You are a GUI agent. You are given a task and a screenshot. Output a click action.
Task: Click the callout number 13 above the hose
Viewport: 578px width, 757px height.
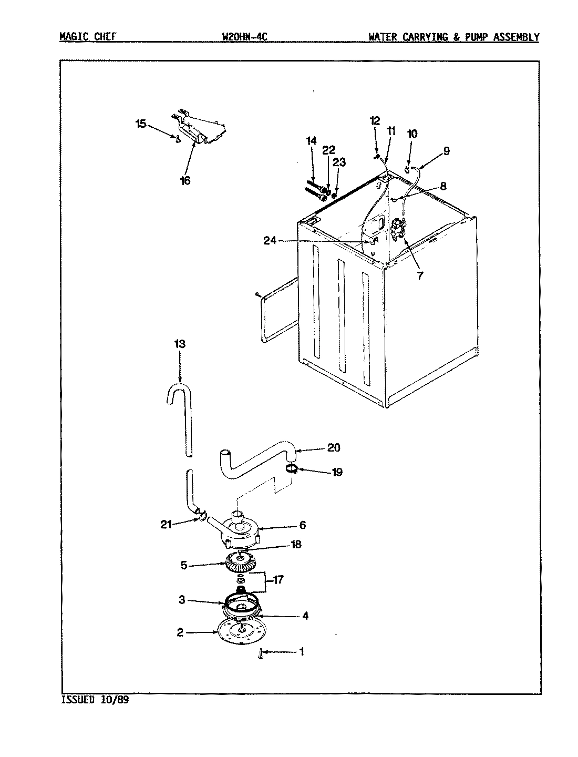point(180,344)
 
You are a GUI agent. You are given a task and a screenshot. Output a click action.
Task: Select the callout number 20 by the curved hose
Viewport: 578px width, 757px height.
point(334,448)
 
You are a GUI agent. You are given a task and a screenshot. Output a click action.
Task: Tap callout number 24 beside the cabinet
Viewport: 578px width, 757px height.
point(270,241)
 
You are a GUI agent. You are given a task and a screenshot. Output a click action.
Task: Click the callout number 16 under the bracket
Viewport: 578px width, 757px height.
point(185,181)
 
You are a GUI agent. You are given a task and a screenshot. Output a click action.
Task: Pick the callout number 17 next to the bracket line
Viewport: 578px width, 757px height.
point(278,580)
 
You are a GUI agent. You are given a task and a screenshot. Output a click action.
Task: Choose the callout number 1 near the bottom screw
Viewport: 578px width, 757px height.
point(302,652)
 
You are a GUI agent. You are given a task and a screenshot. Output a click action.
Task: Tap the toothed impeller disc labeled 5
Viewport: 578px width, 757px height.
point(240,565)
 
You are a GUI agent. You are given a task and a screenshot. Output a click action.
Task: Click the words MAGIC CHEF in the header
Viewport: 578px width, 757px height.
point(88,37)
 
